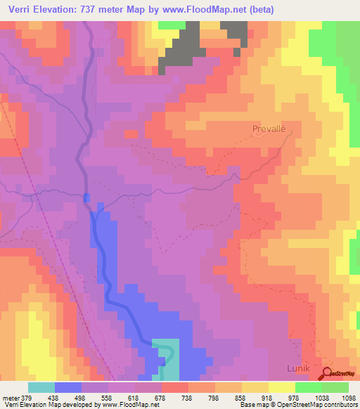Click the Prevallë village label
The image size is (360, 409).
pyautogui.click(x=270, y=129)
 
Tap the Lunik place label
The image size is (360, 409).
pyautogui.click(x=299, y=368)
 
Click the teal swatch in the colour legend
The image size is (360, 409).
pyautogui.click(x=41, y=387)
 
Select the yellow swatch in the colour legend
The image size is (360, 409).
pyautogui.click(x=281, y=387)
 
